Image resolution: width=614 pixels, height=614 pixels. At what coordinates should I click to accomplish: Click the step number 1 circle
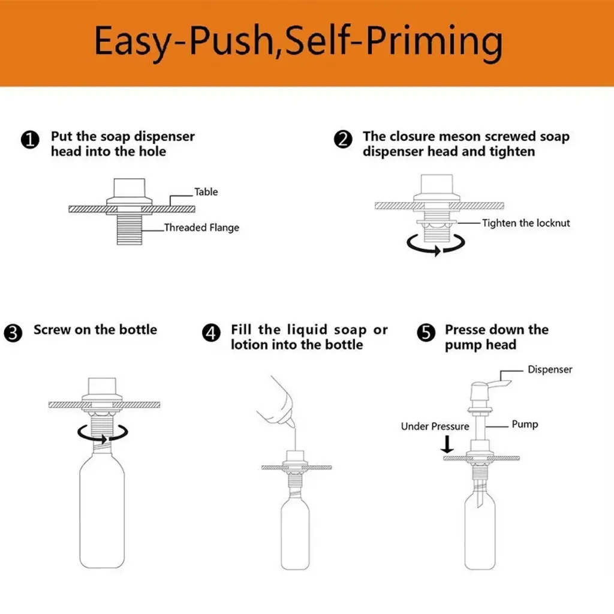(x=30, y=140)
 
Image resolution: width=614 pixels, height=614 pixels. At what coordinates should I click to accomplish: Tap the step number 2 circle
(x=343, y=139)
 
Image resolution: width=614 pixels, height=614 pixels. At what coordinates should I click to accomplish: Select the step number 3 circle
(x=13, y=333)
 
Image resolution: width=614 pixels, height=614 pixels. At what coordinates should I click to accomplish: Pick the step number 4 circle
(x=211, y=333)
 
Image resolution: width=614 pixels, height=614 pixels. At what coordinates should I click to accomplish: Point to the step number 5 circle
(x=426, y=333)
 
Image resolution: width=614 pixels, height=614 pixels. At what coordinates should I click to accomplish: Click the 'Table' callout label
(x=206, y=192)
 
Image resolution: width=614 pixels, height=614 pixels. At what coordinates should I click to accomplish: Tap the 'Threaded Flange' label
(x=201, y=227)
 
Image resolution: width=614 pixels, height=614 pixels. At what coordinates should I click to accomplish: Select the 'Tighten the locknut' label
(x=526, y=223)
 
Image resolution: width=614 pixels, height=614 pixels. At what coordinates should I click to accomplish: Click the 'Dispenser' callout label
(x=550, y=369)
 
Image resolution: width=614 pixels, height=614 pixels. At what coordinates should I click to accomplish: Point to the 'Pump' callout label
(x=525, y=424)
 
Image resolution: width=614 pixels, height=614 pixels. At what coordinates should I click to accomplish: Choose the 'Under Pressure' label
(x=435, y=426)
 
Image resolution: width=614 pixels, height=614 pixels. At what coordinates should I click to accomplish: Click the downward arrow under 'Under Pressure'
(x=447, y=444)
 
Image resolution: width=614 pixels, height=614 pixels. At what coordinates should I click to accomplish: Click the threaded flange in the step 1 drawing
(x=130, y=229)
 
